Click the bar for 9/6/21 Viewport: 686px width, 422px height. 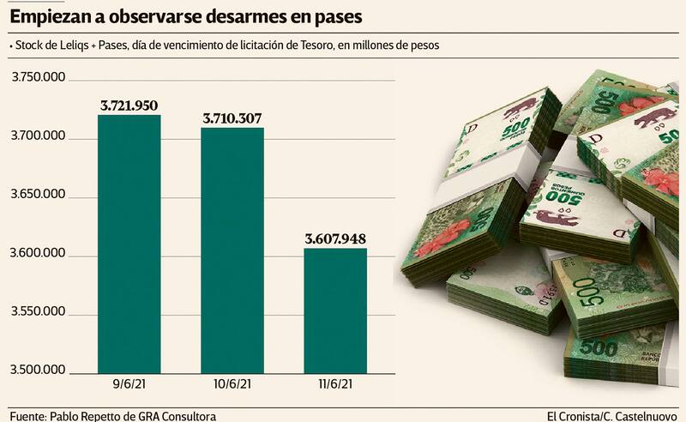tap(129, 244)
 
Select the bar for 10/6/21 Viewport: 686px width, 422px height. tap(232, 250)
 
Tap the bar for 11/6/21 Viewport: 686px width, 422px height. tap(336, 310)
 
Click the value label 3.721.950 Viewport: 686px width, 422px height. tap(129, 105)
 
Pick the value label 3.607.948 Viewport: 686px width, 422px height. tap(336, 238)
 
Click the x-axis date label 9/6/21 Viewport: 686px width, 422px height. tap(129, 386)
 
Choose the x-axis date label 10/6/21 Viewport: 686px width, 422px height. tap(232, 386)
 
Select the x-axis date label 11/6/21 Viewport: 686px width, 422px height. tap(335, 386)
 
